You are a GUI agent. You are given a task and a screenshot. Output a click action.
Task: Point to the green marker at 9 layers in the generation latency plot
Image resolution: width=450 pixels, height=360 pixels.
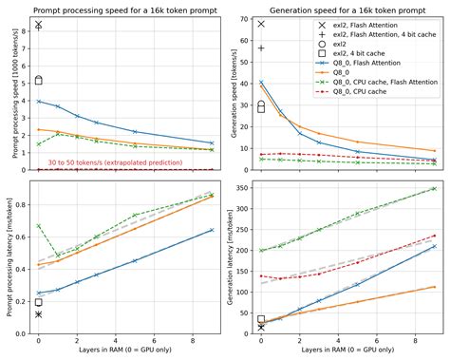[434, 188]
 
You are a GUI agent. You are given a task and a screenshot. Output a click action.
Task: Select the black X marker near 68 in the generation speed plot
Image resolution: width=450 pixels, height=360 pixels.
[261, 24]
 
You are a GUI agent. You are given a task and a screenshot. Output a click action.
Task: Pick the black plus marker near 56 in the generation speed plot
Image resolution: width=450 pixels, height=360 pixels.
[261, 47]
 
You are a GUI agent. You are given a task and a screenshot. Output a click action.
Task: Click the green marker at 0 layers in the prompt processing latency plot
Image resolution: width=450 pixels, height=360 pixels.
[38, 226]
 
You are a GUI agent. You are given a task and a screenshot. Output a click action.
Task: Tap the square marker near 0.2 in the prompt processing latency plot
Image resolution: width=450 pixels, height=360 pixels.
[38, 302]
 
